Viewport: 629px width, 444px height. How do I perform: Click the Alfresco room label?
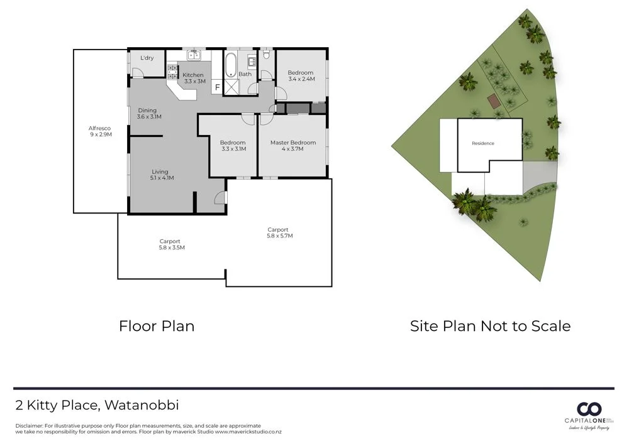coord(99,128)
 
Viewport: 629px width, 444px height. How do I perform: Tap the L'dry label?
coord(147,58)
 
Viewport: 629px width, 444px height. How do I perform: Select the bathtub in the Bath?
coord(230,65)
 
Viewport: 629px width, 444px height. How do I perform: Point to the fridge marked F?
coord(218,87)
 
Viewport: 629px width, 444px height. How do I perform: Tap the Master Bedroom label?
coord(293,143)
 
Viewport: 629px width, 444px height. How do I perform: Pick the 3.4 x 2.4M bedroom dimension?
coord(301,80)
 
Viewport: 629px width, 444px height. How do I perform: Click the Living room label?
coord(160,171)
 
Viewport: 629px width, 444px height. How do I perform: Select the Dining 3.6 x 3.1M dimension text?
coord(149,117)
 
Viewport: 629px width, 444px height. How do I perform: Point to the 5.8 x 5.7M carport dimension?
coord(280,236)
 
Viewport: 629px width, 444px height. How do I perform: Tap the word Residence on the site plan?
coord(483,144)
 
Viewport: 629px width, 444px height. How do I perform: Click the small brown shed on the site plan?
coord(494,100)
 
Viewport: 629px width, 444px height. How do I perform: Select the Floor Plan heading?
coord(157,326)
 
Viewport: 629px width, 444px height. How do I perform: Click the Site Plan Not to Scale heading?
coord(490,326)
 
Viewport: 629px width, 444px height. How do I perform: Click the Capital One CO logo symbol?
coord(590,408)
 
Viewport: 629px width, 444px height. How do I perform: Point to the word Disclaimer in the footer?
coord(29,426)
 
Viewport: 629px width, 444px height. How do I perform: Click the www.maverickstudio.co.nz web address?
coord(248,432)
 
